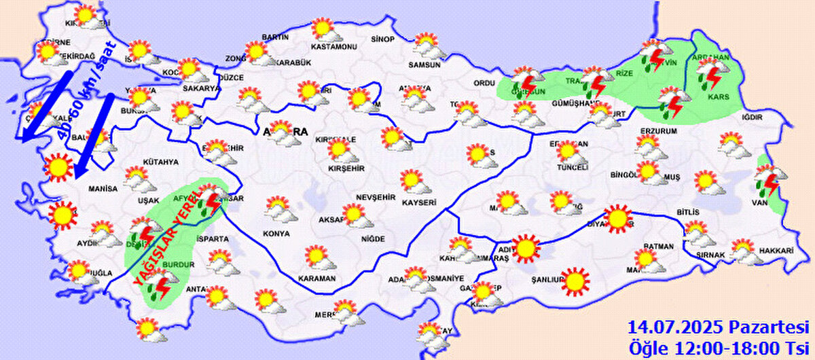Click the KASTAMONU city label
click(333, 48)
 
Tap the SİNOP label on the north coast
click(382, 39)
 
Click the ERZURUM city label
click(659, 130)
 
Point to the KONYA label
click(276, 234)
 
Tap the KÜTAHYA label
click(161, 162)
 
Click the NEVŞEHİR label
click(376, 197)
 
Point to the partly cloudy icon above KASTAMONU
click(323, 31)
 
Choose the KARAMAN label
click(316, 279)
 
